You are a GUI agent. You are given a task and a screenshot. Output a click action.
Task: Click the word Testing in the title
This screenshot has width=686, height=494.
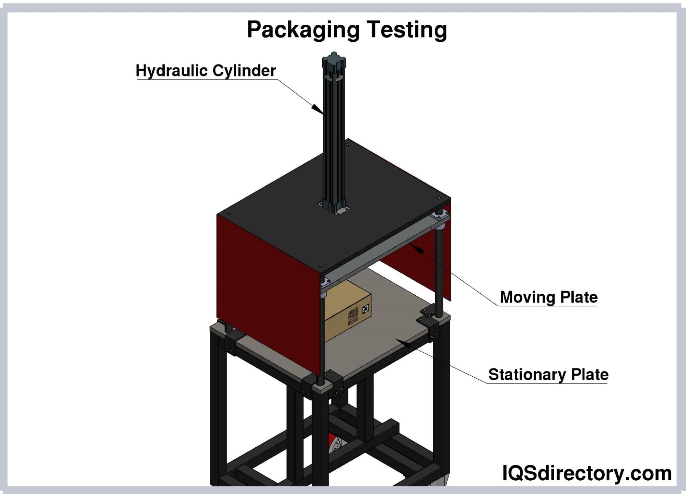407,30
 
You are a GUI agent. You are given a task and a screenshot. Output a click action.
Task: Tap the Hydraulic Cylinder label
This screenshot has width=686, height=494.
206,71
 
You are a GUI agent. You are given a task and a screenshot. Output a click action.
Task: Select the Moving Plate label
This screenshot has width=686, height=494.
548,297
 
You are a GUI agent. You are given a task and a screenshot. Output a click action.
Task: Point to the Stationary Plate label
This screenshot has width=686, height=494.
548,374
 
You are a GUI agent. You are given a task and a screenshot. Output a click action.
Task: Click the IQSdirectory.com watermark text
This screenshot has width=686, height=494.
586,473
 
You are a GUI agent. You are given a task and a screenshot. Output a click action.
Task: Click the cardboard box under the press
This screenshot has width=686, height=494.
347,310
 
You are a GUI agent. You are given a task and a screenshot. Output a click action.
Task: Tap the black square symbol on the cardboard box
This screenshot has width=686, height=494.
366,308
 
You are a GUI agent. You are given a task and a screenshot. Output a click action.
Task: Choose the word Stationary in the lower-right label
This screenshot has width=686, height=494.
526,374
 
